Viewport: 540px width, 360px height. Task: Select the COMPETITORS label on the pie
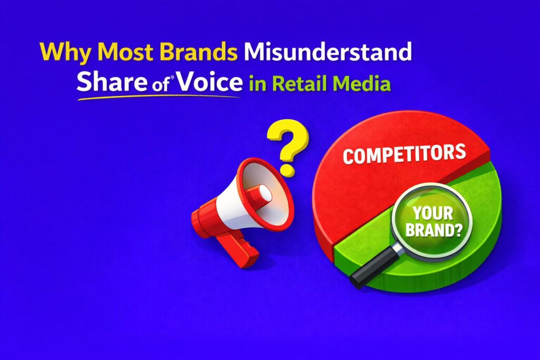[404, 154]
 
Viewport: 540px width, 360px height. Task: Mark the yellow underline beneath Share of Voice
[158, 96]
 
